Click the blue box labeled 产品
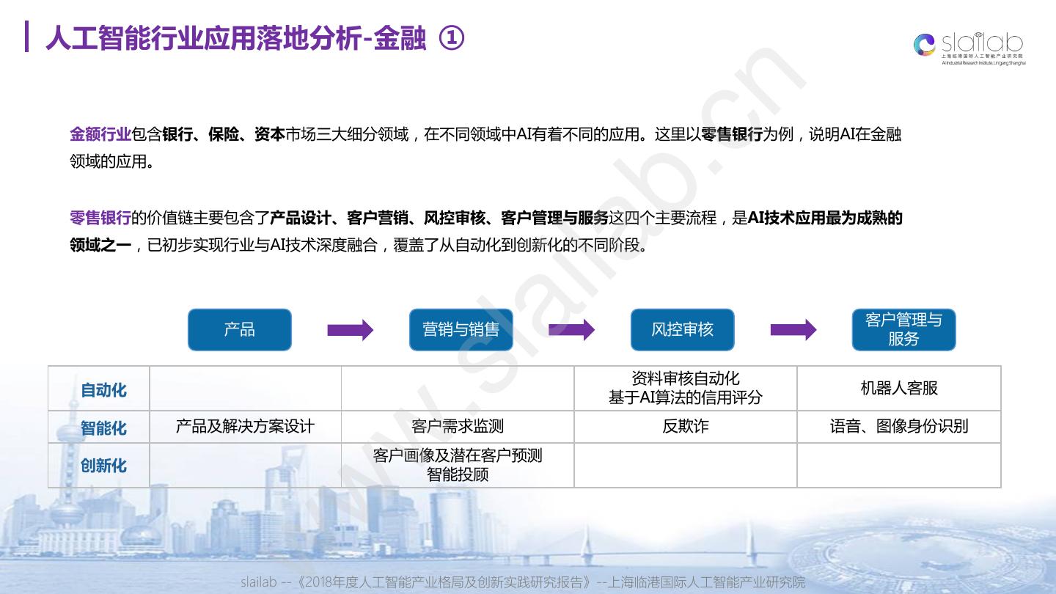tap(240, 329)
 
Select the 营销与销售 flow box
tap(461, 329)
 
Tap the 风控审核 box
tap(682, 329)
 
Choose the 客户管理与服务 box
tap(903, 329)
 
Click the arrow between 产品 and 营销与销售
tap(350, 330)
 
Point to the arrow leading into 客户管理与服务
tap(793, 330)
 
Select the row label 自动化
tap(103, 390)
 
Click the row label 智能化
tap(103, 428)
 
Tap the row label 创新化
tap(103, 466)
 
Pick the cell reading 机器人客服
tap(899, 388)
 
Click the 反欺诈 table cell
tap(685, 426)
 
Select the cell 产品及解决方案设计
tap(245, 426)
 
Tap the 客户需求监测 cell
tap(458, 426)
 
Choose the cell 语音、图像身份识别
tap(899, 426)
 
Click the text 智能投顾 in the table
tap(458, 474)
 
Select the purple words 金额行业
tap(100, 134)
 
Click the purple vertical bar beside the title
tap(26, 37)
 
